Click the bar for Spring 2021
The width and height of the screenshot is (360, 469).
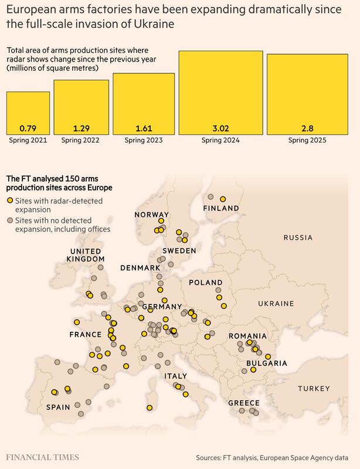point(28,113)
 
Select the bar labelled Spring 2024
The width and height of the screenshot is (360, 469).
point(220,94)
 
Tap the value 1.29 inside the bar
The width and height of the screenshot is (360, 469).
point(81,128)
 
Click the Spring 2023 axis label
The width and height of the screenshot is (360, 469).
point(144,141)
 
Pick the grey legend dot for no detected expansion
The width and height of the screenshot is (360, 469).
point(9,220)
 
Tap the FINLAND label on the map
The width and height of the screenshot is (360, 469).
point(220,209)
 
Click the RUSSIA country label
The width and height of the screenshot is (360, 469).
point(299,238)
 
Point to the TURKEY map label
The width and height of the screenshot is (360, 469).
point(314,389)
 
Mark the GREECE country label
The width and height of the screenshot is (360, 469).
point(244,403)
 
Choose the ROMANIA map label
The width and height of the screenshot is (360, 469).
point(247,335)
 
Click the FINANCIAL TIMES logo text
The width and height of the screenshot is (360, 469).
point(43,457)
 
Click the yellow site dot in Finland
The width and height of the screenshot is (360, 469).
point(223,198)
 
